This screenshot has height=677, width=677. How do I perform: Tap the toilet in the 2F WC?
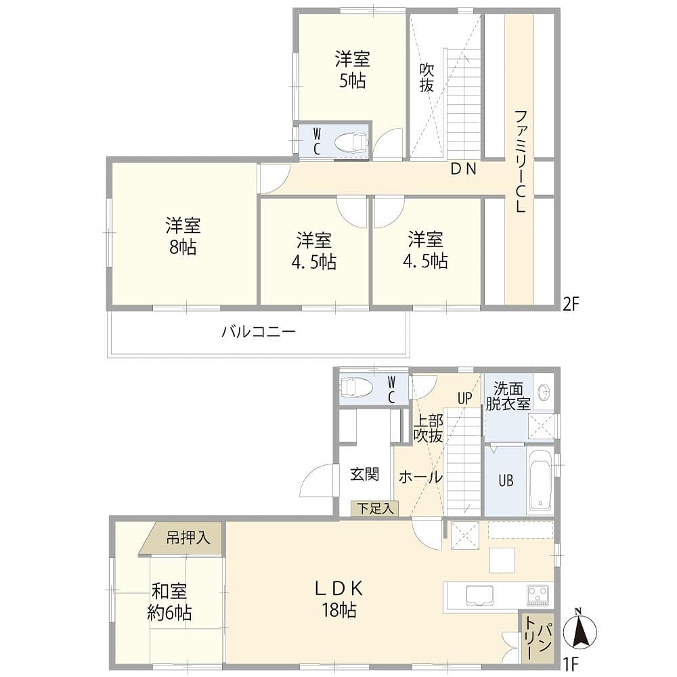[x=351, y=141]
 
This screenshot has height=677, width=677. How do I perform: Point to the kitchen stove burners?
[x=538, y=595]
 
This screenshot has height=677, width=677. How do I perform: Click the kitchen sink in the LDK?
[x=480, y=596]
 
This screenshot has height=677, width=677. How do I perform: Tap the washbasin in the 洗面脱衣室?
[x=545, y=392]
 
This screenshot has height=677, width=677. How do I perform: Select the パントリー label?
[x=536, y=637]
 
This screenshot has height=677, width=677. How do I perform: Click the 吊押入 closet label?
[x=188, y=538]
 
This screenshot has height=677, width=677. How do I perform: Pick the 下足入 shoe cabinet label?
[x=375, y=508]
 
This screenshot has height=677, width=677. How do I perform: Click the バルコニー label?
[x=259, y=332]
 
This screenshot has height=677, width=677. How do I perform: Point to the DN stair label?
[x=464, y=169]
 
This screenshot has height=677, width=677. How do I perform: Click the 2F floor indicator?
[x=570, y=305]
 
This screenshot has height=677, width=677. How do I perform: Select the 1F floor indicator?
[x=570, y=663]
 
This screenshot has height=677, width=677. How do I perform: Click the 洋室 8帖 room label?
[x=183, y=236]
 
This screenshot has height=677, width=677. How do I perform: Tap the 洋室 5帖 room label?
[x=352, y=70]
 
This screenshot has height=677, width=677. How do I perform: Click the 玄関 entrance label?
[x=364, y=474]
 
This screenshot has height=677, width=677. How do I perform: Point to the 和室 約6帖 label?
[x=169, y=602]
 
